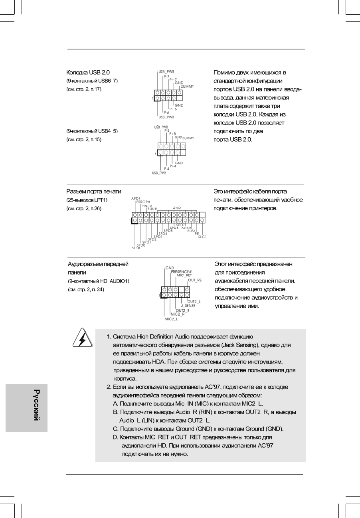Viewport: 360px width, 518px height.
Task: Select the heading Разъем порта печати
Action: pos(93,192)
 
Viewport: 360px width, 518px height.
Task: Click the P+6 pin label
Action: pos(173,109)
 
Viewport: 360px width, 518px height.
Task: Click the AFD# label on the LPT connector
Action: pos(135,199)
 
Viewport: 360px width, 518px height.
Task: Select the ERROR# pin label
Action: pos(143,202)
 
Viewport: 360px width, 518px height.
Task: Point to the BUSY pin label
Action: pos(191,231)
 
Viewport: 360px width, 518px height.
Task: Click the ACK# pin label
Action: pos(187,227)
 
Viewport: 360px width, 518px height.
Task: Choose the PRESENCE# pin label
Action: pos(181,272)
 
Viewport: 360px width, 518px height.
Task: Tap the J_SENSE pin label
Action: pos(188,306)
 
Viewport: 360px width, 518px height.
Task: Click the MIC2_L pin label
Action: pos(171,319)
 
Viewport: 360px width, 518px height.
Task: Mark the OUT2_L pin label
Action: pos(194,301)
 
